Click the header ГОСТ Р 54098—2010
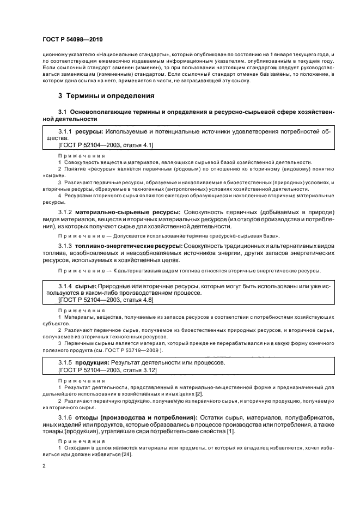click(72, 40)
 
